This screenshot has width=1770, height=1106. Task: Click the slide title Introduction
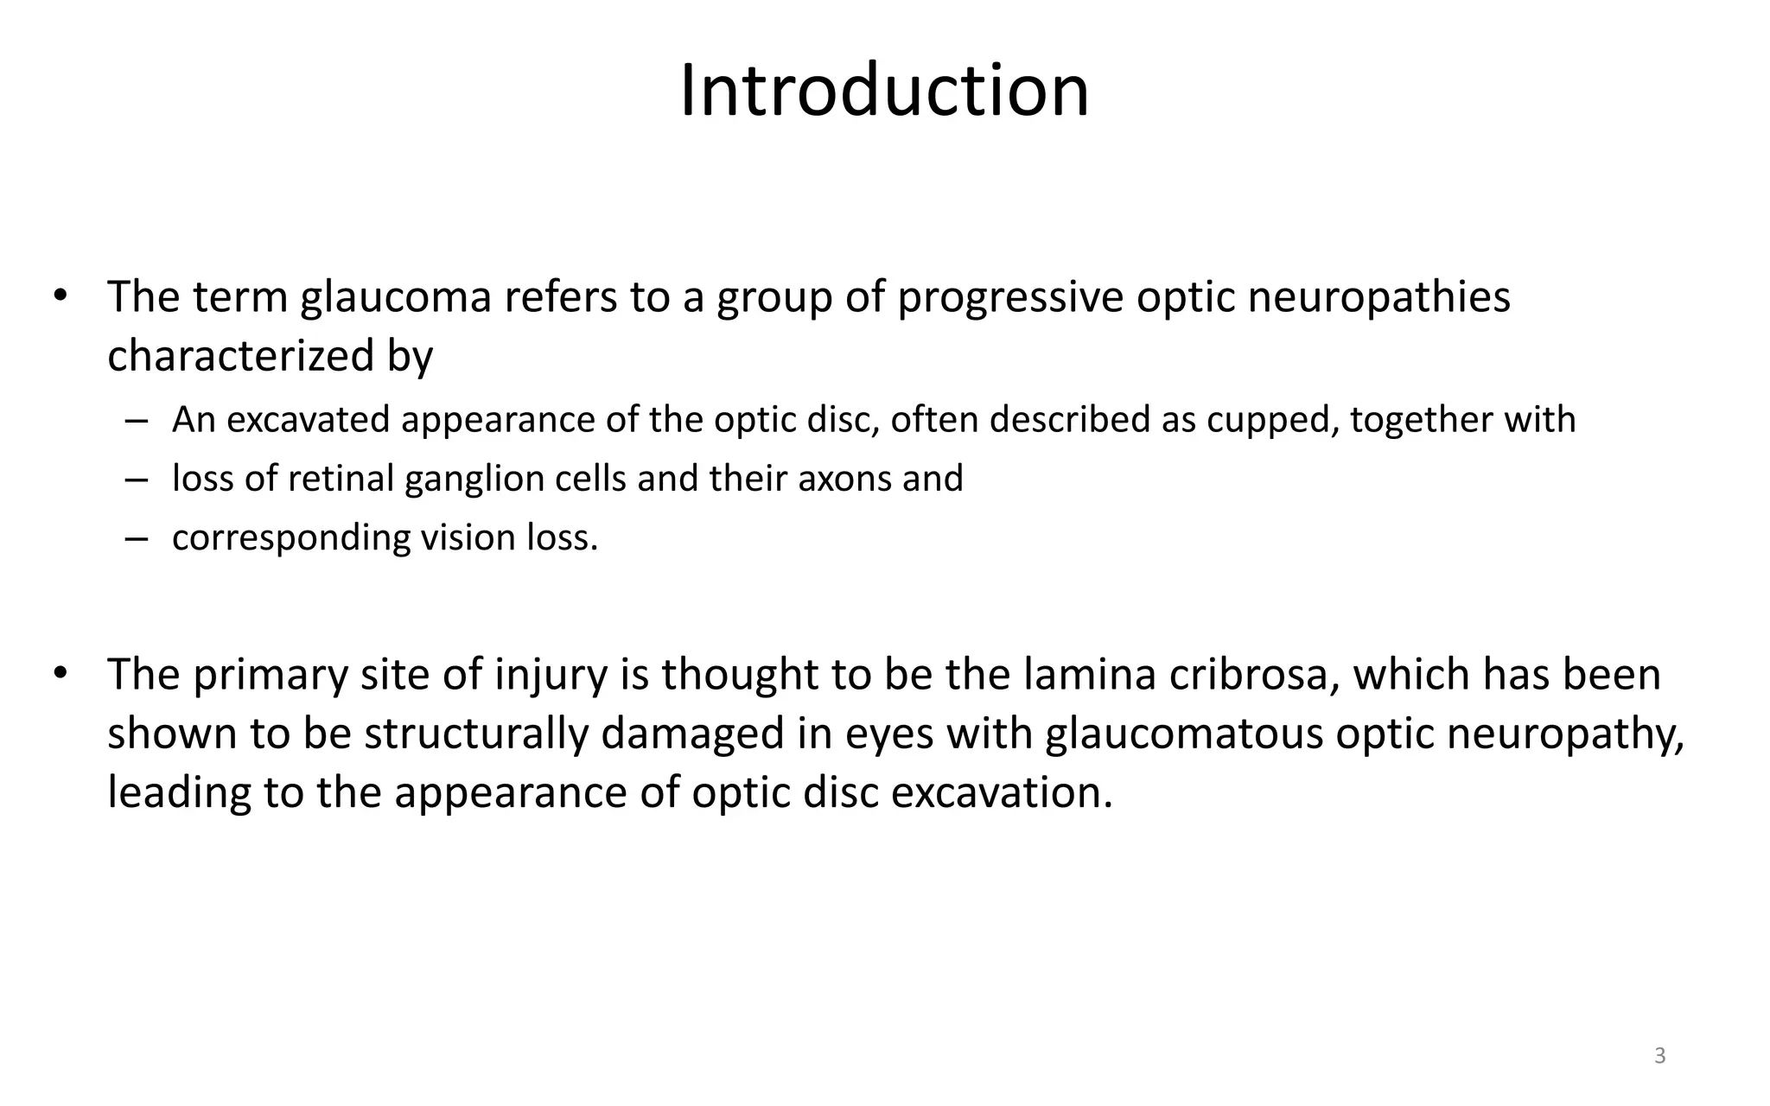884,91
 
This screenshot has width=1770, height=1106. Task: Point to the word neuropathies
1379,298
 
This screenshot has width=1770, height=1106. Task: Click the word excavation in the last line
1001,793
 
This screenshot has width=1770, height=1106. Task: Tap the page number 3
1659,1056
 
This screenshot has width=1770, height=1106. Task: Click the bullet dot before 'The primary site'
59,673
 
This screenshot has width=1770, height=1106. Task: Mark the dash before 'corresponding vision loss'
136,538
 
